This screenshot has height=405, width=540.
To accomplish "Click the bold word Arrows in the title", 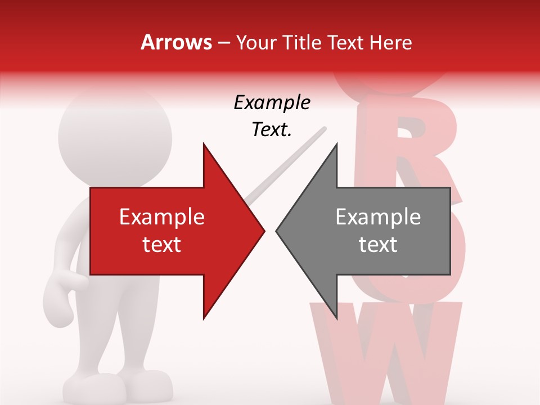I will [x=177, y=42].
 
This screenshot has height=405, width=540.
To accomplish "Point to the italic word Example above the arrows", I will [x=272, y=103].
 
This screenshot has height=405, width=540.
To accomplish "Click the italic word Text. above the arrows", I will [x=272, y=130].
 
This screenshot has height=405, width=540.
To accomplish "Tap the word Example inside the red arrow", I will [x=162, y=217].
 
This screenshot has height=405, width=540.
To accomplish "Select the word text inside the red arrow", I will [x=162, y=245].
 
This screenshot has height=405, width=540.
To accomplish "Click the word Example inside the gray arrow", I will [x=378, y=217].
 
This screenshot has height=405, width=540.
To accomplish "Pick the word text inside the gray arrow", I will [x=378, y=245].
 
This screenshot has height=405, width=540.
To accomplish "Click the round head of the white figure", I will [x=115, y=135].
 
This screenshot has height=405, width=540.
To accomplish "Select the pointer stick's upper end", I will [x=323, y=130].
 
